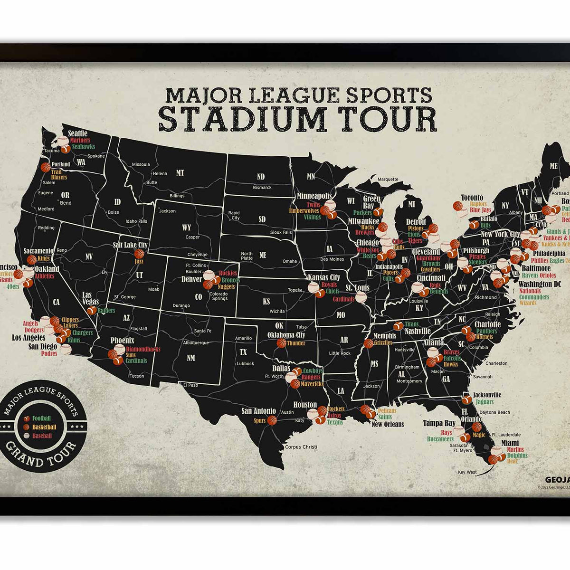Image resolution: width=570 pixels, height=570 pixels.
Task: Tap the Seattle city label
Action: coord(78,133)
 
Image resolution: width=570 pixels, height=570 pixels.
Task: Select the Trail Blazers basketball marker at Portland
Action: coord(46,168)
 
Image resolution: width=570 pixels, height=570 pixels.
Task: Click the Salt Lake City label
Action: coord(130,245)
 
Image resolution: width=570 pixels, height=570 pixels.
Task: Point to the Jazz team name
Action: coord(139,261)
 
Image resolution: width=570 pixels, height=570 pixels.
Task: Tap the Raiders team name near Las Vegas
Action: coord(107,310)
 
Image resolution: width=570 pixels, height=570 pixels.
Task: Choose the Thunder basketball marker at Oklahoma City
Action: coord(281,343)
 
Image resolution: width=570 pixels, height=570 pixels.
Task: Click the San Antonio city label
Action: coord(258,411)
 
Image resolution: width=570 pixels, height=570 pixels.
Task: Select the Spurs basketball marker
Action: coord(272,420)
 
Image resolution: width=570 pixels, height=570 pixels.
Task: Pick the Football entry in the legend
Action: coord(41,418)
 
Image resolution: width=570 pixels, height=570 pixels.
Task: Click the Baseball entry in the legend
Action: coord(42,435)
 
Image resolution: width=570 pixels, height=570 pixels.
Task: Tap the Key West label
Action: coord(467,472)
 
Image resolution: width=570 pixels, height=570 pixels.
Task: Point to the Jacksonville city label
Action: coord(487,395)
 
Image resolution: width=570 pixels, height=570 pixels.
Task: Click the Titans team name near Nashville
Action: coord(412,324)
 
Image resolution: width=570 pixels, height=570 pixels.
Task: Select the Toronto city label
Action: coord(472,198)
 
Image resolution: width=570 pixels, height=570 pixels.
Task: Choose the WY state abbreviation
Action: coord(186,228)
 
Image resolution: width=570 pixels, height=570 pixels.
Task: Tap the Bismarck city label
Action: coord(262,188)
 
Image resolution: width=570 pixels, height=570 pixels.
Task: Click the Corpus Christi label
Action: coord(301,447)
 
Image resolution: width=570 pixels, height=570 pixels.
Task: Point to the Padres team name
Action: coord(49,354)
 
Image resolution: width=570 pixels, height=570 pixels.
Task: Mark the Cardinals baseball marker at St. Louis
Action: coord(361,298)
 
